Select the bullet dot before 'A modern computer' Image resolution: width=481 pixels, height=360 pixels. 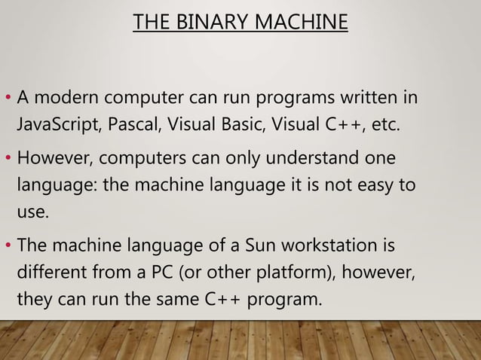click(8, 99)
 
